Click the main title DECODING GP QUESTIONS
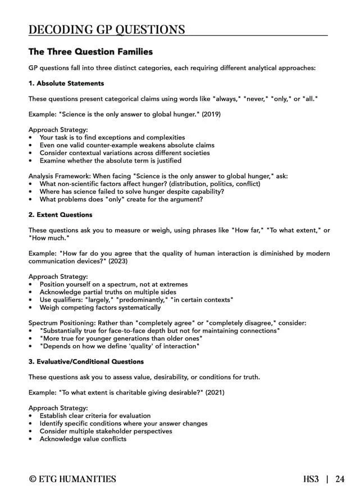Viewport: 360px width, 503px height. coord(107,29)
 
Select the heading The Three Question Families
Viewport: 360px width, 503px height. coord(90,52)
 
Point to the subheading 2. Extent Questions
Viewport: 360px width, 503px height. coord(61,215)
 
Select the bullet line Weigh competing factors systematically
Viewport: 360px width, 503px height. coord(100,307)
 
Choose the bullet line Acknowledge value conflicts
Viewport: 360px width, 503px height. coord(83,439)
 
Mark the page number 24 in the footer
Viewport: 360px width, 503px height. coord(340,479)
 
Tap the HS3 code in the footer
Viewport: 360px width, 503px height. coord(311,479)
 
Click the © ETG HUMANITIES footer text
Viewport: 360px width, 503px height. coord(73,479)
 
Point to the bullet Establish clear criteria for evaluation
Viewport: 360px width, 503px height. coord(95,415)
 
